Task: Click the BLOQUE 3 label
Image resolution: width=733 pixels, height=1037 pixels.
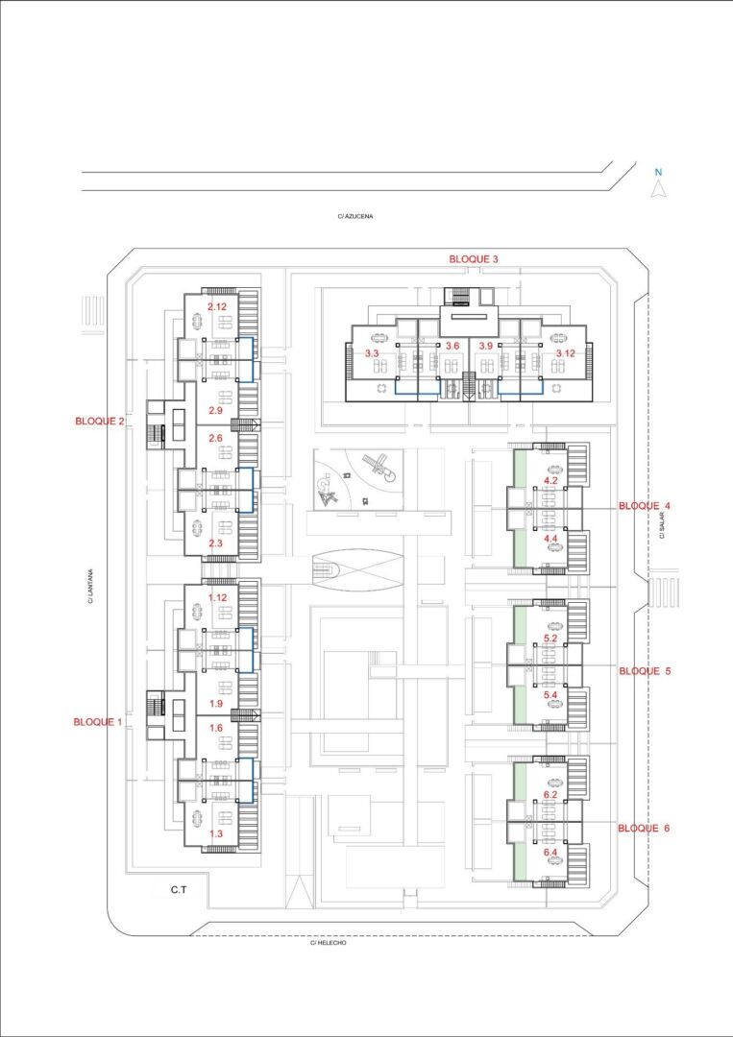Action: [473, 259]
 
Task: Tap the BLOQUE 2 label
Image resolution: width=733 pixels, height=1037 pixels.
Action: [100, 421]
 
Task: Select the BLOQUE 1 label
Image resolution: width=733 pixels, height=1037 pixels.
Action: [98, 722]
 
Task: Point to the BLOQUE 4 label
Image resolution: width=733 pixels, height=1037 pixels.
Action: [645, 506]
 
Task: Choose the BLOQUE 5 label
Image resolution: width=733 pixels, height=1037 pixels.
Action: [645, 670]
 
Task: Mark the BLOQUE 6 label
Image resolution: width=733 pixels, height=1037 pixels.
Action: [644, 828]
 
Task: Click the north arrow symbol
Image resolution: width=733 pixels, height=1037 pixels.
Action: [657, 189]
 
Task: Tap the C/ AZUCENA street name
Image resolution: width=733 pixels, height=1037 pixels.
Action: [355, 216]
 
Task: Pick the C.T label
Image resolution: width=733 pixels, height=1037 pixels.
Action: [178, 890]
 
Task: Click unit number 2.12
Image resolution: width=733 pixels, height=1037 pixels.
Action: [217, 307]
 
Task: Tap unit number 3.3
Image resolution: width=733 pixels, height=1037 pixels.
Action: [371, 353]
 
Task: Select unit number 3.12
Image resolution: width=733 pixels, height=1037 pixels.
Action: [565, 353]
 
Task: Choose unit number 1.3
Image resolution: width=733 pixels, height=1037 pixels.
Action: [215, 833]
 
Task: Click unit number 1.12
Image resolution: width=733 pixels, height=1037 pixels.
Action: [218, 598]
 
